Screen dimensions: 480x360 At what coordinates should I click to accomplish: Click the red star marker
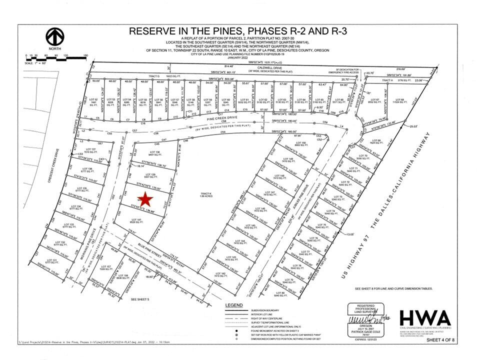click(x=145, y=198)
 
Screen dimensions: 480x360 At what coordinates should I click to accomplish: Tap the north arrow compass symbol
click(x=55, y=38)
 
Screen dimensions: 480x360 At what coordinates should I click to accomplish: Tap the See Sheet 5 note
click(x=140, y=299)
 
